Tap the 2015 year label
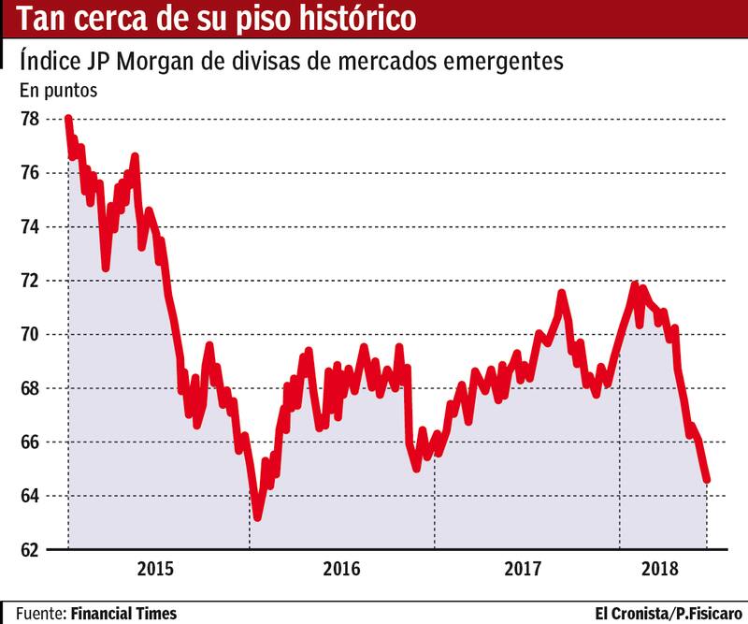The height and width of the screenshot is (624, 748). click(x=157, y=568)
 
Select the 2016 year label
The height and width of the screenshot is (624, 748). click(x=341, y=568)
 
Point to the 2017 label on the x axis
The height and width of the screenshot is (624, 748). click(x=525, y=568)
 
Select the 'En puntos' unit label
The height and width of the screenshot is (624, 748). click(x=59, y=92)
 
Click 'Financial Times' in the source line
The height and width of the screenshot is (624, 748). click(x=122, y=614)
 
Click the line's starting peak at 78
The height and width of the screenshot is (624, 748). click(x=67, y=119)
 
